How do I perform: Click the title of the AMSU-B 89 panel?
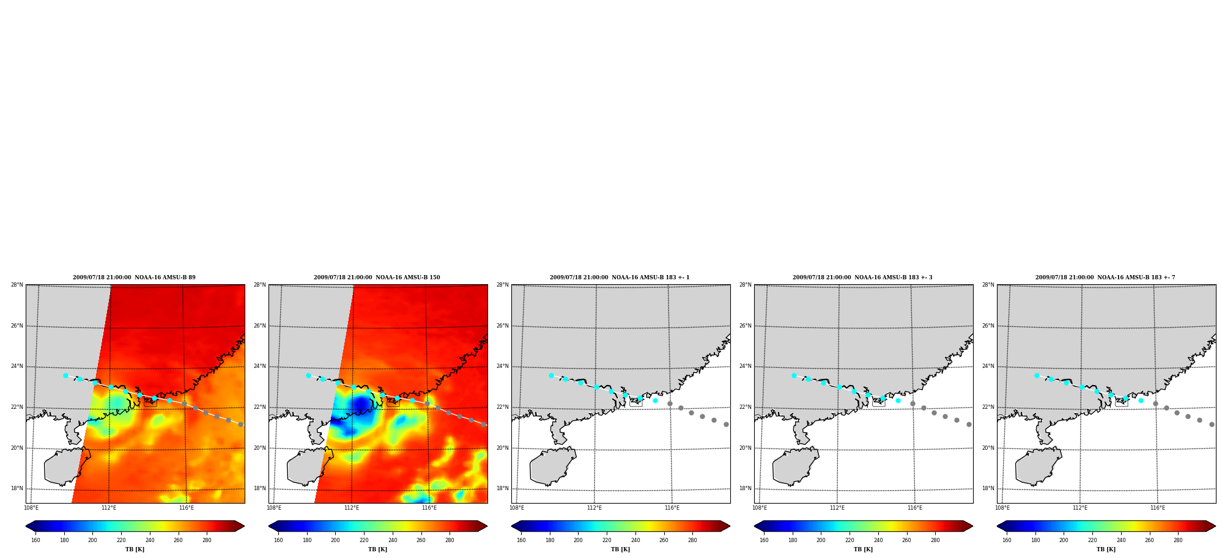(134, 277)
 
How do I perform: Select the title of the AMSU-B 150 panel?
(377, 277)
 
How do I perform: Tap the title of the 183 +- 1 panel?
(620, 277)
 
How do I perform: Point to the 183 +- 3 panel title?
(862, 277)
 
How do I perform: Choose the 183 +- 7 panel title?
(1105, 277)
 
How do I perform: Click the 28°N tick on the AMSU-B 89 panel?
(17, 285)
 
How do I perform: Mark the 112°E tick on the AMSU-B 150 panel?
(352, 508)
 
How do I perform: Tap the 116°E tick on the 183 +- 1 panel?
(672, 508)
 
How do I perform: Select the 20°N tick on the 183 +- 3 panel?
(745, 448)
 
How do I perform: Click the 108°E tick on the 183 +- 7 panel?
(1002, 508)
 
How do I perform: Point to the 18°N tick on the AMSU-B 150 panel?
(259, 488)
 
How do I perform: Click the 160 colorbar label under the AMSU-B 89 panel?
(35, 540)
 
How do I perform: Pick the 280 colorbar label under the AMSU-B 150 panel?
(450, 540)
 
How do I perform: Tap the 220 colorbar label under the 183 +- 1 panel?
(607, 540)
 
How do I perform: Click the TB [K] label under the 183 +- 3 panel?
(863, 549)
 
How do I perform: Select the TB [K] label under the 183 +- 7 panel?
(1106, 549)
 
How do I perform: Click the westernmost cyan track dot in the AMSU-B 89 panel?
(65, 376)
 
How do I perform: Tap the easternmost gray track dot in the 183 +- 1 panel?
(726, 424)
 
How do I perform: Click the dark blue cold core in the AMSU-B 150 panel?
(361, 403)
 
